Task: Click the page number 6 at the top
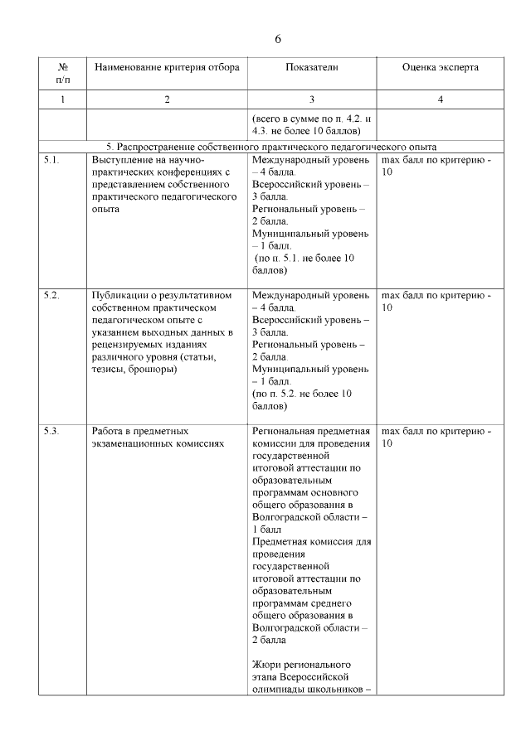click(x=278, y=39)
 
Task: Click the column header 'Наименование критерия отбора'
click(x=167, y=67)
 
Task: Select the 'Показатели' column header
click(x=311, y=67)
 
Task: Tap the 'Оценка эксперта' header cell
click(x=440, y=67)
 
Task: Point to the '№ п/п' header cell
click(x=63, y=73)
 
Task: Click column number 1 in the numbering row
click(x=63, y=99)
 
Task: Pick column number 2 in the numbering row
click(x=167, y=99)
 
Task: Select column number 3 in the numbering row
click(x=311, y=99)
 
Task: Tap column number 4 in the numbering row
click(x=440, y=99)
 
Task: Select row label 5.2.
click(x=51, y=295)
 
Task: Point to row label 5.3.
click(x=51, y=432)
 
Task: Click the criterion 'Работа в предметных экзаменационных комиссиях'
click(x=158, y=438)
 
